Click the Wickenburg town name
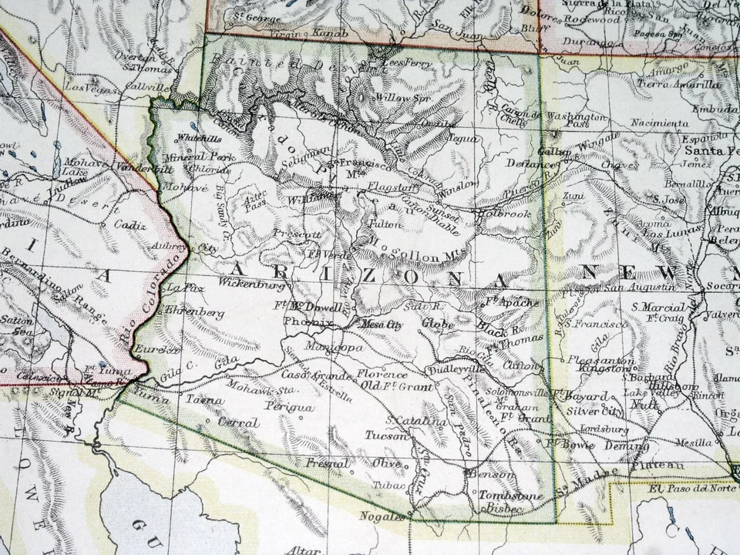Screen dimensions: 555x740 click(x=252, y=284)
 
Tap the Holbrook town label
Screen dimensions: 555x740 click(x=505, y=214)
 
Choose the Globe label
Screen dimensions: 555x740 click(x=438, y=325)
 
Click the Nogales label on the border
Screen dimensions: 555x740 click(x=382, y=516)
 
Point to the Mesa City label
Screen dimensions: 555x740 click(x=383, y=325)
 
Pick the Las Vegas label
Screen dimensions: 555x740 click(x=86, y=88)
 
